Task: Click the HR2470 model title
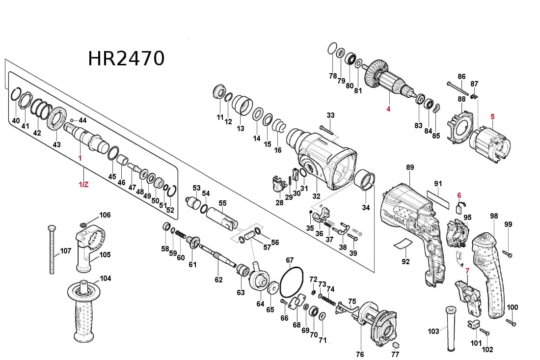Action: coord(126,58)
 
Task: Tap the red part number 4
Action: coord(388,109)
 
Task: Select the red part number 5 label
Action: coord(492,117)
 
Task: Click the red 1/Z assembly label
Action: coord(84,184)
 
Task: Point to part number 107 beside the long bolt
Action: coord(66,251)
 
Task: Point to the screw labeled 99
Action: coord(508,253)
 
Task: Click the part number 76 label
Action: coord(360,355)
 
